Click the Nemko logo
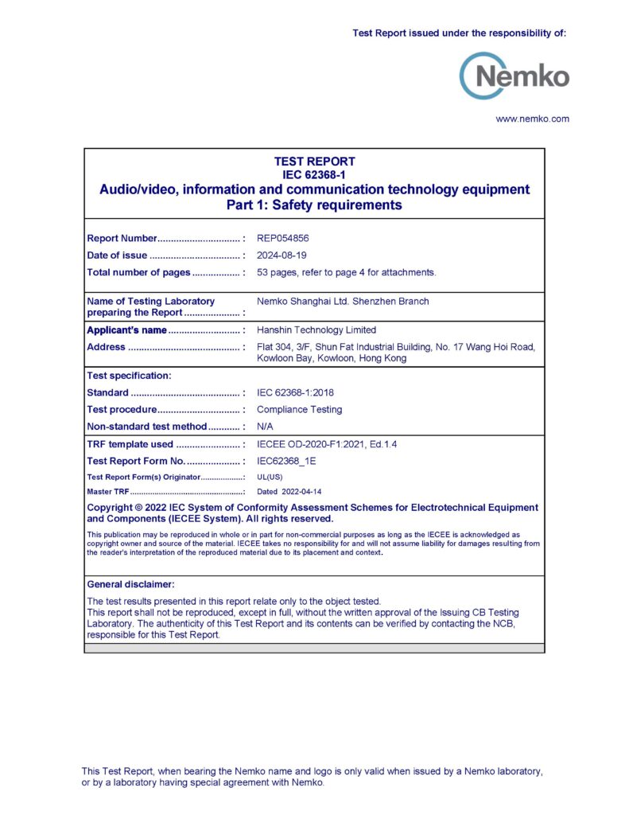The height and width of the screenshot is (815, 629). click(514, 76)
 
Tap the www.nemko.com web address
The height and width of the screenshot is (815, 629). click(532, 119)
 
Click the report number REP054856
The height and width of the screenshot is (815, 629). click(281, 238)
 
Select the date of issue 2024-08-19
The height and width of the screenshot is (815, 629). click(281, 255)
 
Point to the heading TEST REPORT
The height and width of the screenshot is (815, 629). click(314, 162)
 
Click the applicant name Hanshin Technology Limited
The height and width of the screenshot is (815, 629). click(316, 330)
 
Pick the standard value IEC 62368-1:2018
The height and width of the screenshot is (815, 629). click(296, 392)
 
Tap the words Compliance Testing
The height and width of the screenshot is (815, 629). click(299, 410)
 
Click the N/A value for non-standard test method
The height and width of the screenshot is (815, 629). click(265, 427)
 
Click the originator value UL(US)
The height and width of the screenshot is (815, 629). click(270, 477)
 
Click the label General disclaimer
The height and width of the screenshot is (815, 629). click(130, 584)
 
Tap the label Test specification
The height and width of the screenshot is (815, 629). click(129, 376)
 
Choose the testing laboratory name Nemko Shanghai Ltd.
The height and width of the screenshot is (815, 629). click(302, 302)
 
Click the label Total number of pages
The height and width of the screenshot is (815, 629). click(138, 272)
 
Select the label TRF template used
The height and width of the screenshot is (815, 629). click(130, 444)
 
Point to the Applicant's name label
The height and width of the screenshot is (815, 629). click(126, 330)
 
